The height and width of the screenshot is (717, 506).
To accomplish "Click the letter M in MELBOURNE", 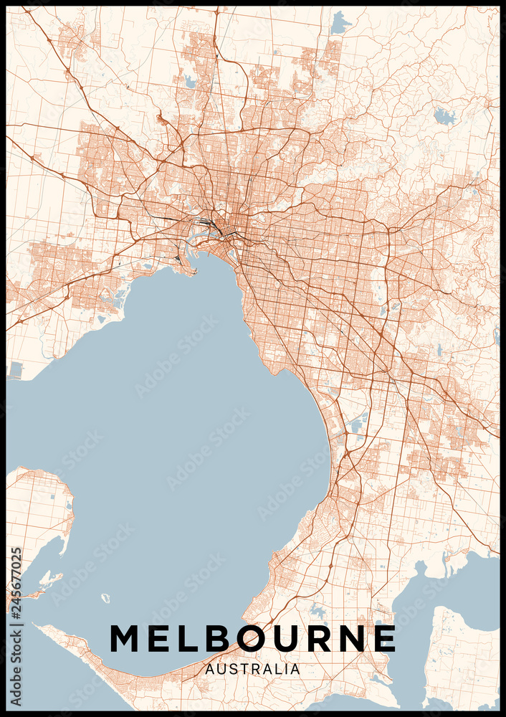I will (126, 638).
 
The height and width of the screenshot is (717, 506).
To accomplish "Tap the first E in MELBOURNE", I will (161, 638).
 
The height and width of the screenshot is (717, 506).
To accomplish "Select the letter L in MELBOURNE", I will (189, 638).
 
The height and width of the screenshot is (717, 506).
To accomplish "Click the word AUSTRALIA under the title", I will (252, 669).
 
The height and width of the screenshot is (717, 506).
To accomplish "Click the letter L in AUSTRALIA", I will (278, 669).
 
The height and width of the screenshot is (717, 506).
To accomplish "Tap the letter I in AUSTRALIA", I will (286, 669).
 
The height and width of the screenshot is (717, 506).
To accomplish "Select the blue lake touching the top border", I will (339, 24).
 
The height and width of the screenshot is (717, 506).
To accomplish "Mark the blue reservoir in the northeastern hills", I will (444, 116).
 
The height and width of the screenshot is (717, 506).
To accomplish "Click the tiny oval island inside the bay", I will (105, 597).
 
